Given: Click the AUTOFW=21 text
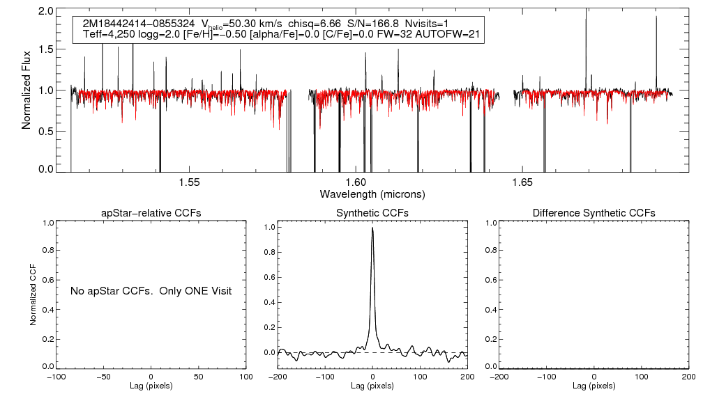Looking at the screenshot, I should [x=452, y=34].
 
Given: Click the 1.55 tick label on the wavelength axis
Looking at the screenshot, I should [x=189, y=182].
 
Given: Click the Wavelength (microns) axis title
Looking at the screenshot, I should [x=372, y=194].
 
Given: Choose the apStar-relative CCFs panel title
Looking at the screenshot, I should [x=151, y=213].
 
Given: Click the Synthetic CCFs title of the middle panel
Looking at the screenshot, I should [x=372, y=213].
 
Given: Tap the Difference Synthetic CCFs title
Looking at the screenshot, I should [x=594, y=213].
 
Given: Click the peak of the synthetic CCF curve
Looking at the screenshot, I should [x=373, y=228].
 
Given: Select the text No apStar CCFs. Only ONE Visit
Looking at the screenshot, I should [x=151, y=290].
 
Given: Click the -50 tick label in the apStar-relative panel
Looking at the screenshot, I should [x=104, y=377].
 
